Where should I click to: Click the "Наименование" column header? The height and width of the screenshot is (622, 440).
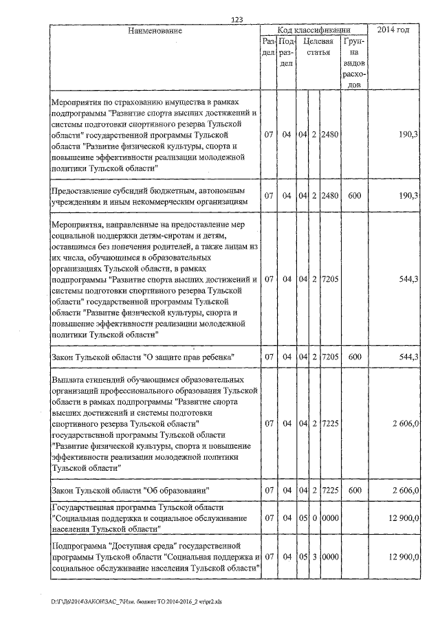[x=155, y=31]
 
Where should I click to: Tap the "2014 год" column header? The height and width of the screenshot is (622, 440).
[x=394, y=31]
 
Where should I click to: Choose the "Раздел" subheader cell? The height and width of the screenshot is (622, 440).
[x=269, y=47]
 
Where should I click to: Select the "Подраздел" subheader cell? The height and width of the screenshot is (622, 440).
[x=287, y=53]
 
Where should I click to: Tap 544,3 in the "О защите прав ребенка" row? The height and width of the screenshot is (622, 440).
[x=408, y=357]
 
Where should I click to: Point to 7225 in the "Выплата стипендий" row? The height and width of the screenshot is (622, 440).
[x=330, y=423]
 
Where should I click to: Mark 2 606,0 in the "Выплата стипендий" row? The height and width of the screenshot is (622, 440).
[x=406, y=423]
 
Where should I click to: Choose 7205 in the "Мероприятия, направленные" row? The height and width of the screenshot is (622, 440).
[x=330, y=279]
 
